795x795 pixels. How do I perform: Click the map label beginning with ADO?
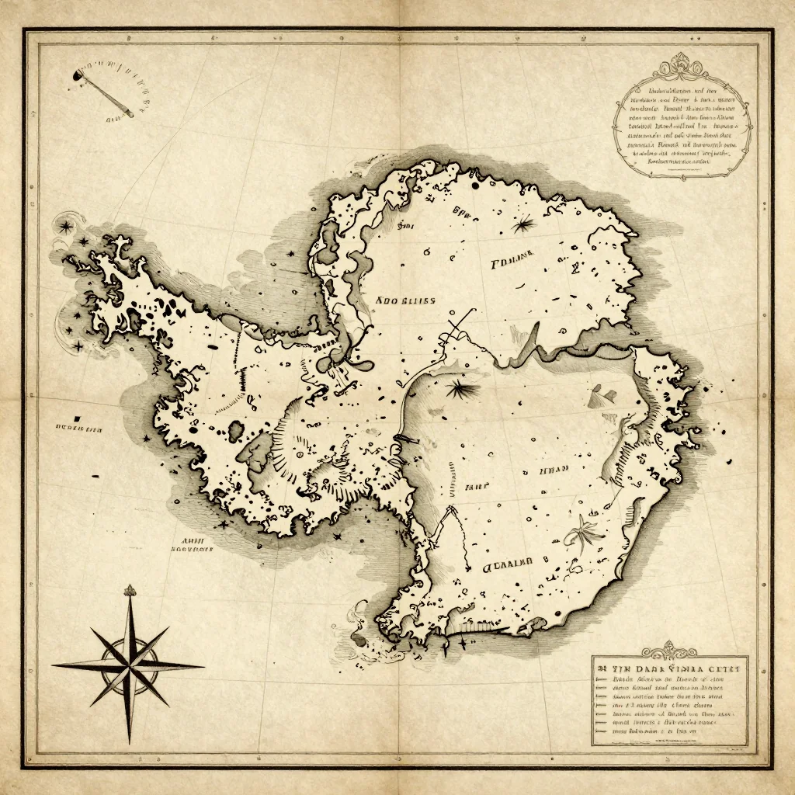pos(404,300)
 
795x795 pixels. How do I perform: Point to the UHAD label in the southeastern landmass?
pos(554,470)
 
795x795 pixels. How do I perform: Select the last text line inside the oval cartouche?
pos(672,163)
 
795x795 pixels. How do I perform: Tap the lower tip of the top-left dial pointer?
pos(130,115)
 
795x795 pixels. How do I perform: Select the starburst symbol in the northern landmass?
pos(522,224)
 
